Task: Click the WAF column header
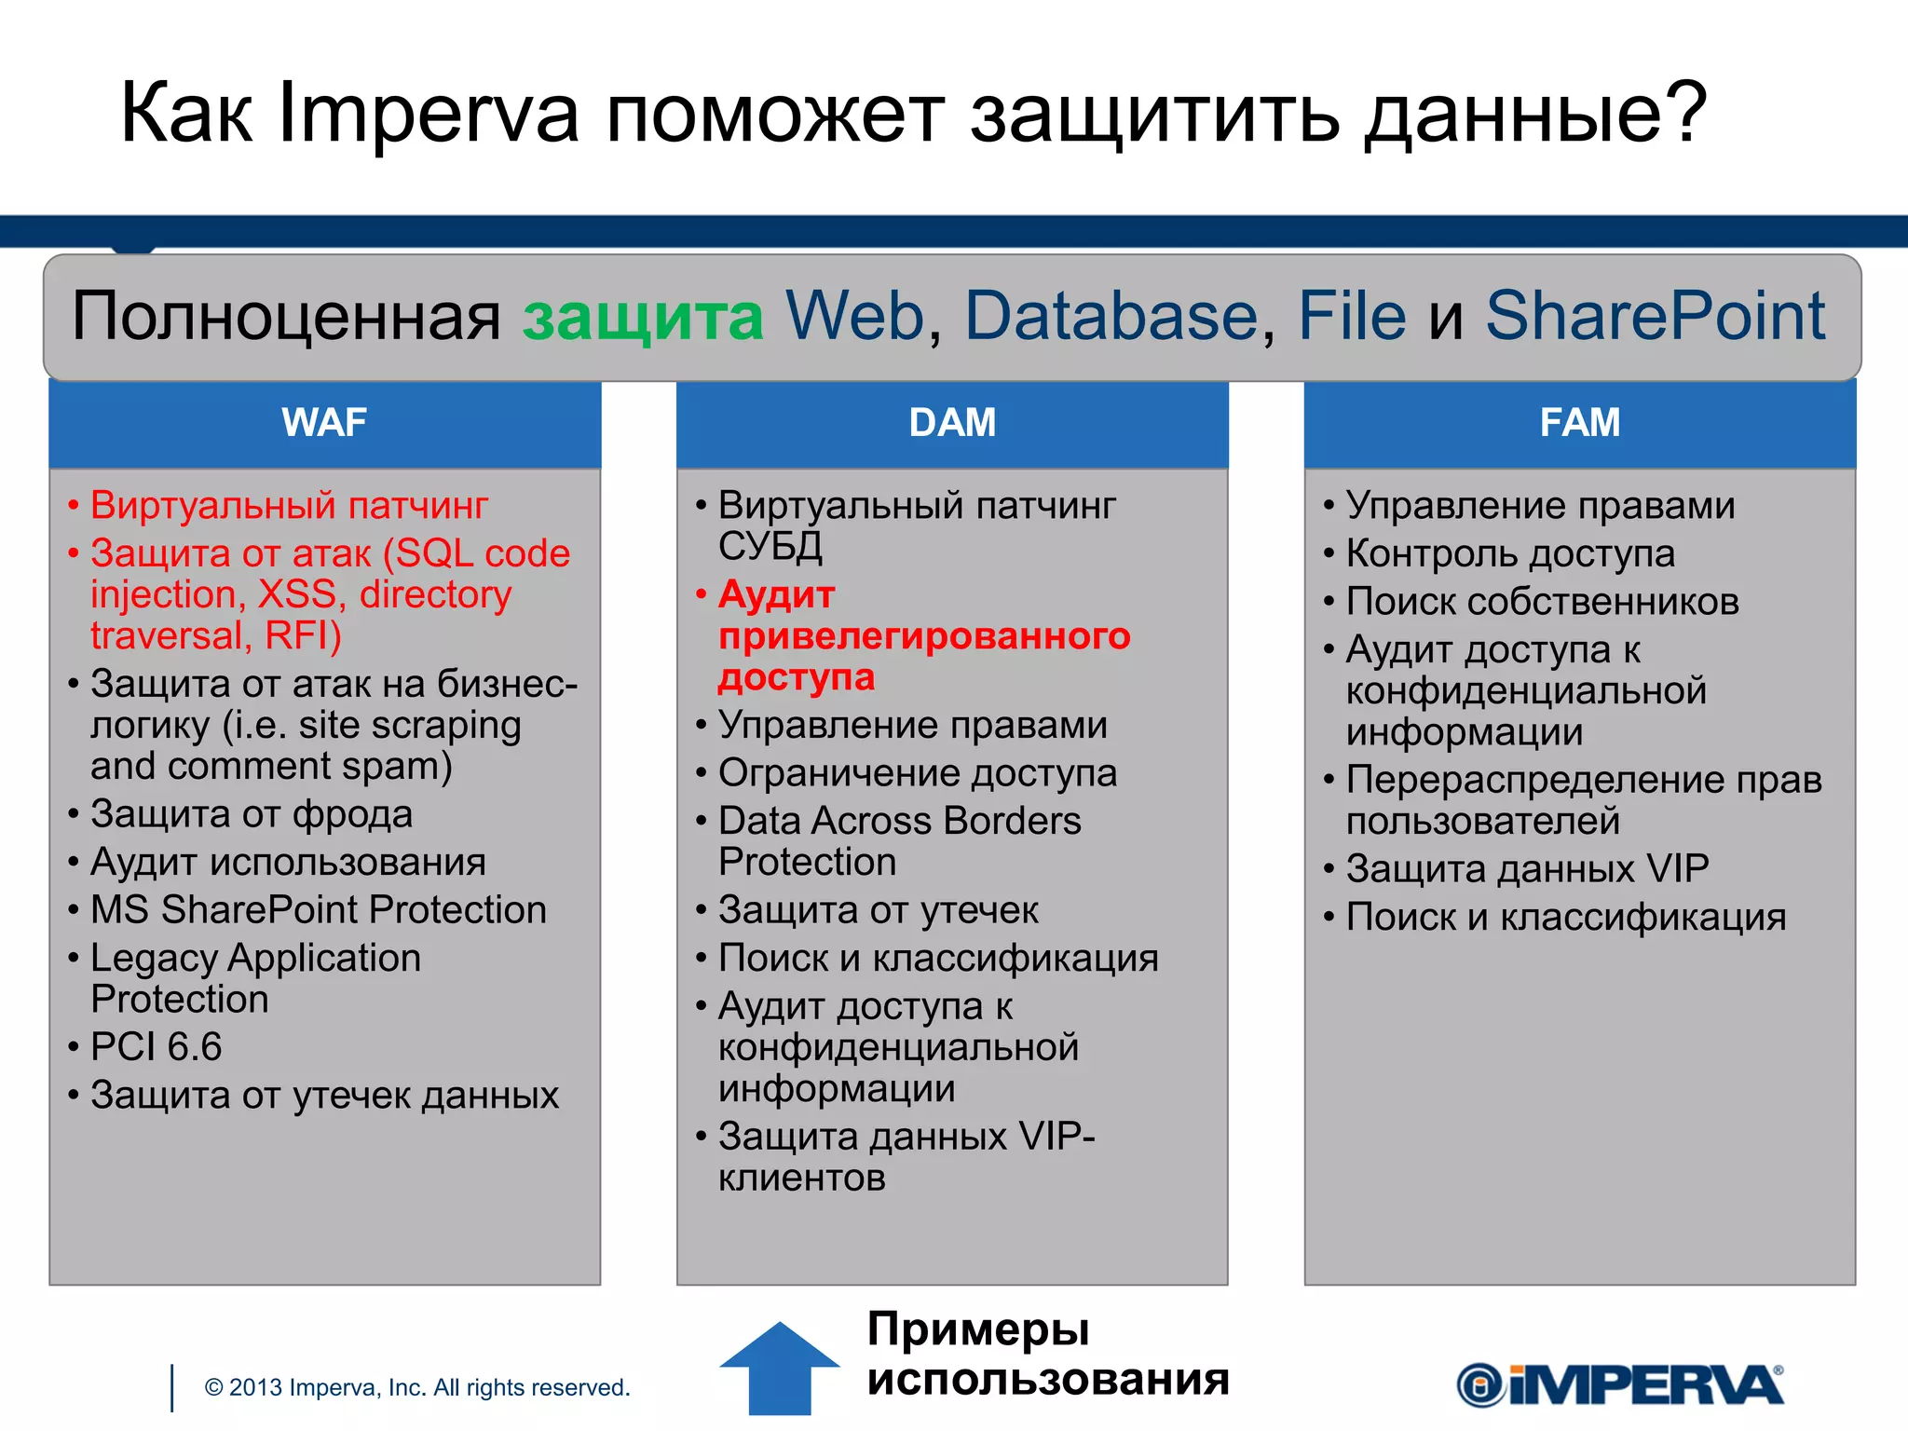[324, 423]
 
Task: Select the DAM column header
[952, 423]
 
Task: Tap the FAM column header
[1580, 423]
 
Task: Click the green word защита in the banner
[643, 317]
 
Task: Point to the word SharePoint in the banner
[1655, 317]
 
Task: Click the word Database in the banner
[1111, 317]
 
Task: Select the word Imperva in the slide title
[429, 114]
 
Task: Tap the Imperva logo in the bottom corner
[1620, 1385]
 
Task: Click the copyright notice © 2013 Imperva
[417, 1387]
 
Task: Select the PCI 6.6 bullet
[157, 1047]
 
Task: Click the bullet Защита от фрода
[252, 814]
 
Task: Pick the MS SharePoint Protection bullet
[319, 910]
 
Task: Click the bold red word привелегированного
[924, 636]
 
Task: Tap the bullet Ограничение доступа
[918, 773]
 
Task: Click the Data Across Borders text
[900, 822]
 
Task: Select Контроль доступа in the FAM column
[1510, 554]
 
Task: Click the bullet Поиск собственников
[1542, 602]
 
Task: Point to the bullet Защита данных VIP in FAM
[1527, 869]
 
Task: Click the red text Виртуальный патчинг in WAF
[289, 506]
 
